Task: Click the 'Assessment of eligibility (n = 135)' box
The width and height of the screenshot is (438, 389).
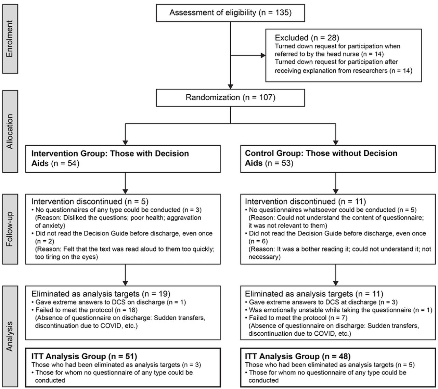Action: click(x=230, y=13)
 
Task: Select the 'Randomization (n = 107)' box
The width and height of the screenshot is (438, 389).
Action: click(x=230, y=98)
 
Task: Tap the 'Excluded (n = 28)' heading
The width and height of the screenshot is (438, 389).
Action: click(x=307, y=38)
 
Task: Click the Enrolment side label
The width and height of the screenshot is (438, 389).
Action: click(x=10, y=39)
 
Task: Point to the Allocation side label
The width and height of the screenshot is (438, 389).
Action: click(x=10, y=131)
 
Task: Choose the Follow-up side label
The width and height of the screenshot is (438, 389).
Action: click(x=10, y=229)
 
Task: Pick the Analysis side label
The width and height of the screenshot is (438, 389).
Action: click(x=10, y=336)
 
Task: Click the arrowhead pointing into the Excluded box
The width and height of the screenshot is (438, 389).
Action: click(x=263, y=55)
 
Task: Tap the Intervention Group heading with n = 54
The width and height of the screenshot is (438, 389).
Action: click(x=110, y=158)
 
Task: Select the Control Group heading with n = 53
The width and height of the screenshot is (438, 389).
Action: click(x=321, y=158)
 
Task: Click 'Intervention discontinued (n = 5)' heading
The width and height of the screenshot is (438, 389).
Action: click(x=90, y=201)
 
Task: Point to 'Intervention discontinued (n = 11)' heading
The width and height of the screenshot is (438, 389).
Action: click(x=305, y=201)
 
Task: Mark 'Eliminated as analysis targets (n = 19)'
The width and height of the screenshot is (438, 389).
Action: click(x=101, y=294)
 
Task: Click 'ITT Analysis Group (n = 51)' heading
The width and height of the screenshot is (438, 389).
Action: click(x=84, y=356)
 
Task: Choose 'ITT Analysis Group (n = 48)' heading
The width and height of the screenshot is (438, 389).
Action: click(x=298, y=356)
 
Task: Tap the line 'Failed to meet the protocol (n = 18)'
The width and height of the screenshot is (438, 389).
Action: click(x=85, y=310)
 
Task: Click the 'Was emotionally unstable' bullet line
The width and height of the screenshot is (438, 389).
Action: click(x=339, y=310)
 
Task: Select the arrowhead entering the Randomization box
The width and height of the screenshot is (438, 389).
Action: click(x=230, y=86)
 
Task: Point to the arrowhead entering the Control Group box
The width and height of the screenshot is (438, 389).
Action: click(x=336, y=143)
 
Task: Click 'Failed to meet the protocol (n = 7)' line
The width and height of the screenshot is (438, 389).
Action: click(x=296, y=318)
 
